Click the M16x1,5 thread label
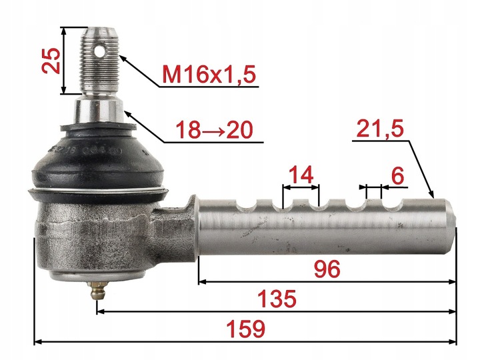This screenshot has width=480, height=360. point(209,75)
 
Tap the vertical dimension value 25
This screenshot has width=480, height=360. point(51,60)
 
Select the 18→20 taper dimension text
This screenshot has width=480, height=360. point(215,129)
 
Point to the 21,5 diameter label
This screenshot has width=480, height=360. point(380,129)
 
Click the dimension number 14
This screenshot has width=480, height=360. point(301,175)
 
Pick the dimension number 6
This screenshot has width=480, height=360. point(397,176)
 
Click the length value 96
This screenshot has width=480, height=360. point(327,269)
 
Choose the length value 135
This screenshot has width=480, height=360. point(277,299)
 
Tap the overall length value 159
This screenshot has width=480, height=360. point(245,329)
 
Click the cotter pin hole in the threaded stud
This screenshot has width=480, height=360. point(99,51)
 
